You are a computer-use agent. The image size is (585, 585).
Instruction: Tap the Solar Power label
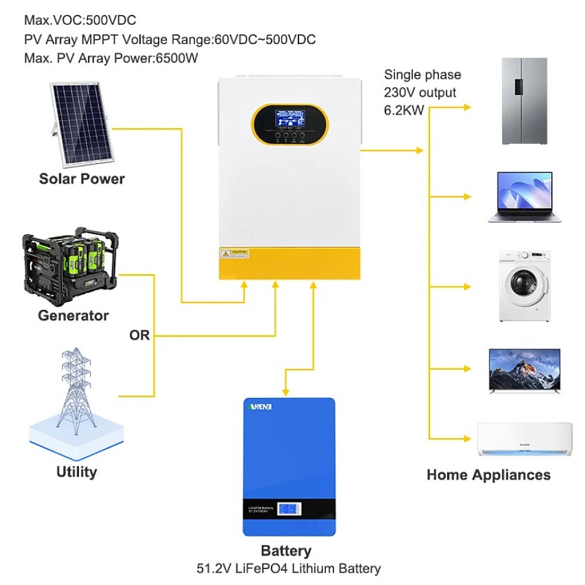[x=82, y=178]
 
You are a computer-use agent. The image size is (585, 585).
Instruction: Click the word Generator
[x=73, y=316]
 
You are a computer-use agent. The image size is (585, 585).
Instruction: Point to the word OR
[x=139, y=336]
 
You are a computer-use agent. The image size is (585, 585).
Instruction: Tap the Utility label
[x=77, y=472]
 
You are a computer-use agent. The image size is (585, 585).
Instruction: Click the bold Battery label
[x=286, y=550]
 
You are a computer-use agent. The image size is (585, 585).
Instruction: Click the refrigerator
[x=526, y=101]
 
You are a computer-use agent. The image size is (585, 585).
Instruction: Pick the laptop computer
[x=524, y=197]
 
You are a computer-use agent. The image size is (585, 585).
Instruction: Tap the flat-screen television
[x=524, y=371]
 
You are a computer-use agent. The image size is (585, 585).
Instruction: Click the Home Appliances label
[x=488, y=474]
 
